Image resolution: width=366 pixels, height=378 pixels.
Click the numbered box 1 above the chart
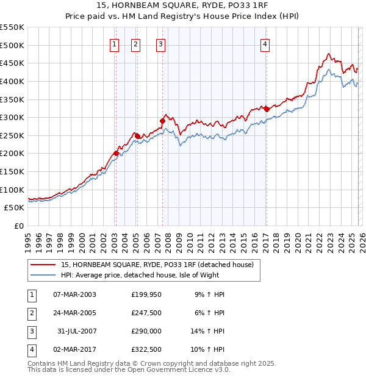pyautogui.click(x=115, y=43)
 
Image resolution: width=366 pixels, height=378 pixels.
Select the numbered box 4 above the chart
pyautogui.click(x=265, y=43)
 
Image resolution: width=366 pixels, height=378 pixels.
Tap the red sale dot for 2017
pyautogui.click(x=267, y=109)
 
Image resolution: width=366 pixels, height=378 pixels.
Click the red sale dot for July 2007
pyautogui.click(x=163, y=121)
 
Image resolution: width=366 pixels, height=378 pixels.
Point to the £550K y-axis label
pyautogui.click(x=12, y=27)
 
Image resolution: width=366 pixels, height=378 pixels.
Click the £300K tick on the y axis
pyautogui.click(x=12, y=117)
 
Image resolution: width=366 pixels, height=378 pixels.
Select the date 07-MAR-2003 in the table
pyautogui.click(x=74, y=294)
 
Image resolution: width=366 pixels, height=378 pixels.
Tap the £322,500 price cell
pyautogui.click(x=146, y=349)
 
